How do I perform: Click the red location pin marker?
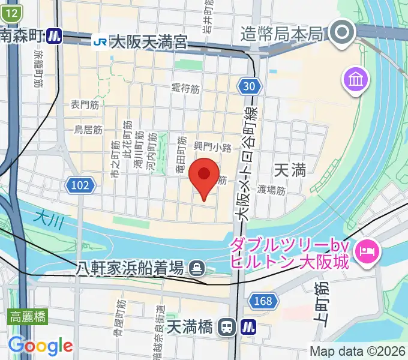(203, 175)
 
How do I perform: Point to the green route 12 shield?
(13, 13)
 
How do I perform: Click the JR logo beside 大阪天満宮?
(100, 41)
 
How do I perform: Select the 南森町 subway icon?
(55, 36)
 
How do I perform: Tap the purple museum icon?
(355, 79)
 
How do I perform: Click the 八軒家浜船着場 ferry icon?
(196, 268)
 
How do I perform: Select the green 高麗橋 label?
(28, 317)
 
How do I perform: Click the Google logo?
(40, 346)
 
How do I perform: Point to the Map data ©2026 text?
(358, 351)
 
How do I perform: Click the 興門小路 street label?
(212, 147)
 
